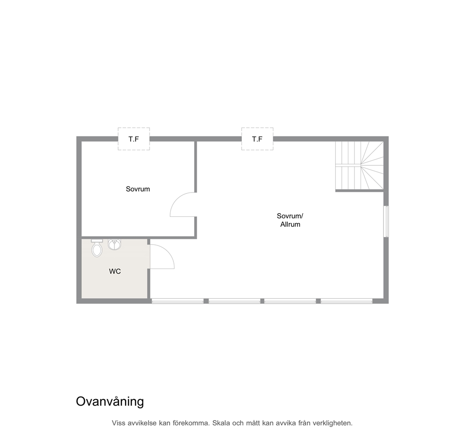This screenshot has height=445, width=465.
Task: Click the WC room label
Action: (115, 271)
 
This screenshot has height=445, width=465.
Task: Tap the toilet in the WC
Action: (97, 248)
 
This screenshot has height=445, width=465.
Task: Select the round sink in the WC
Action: (114, 245)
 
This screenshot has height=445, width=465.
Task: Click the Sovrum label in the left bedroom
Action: (138, 189)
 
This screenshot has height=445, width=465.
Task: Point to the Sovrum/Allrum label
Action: (290, 220)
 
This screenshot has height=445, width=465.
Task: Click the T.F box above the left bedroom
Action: (134, 139)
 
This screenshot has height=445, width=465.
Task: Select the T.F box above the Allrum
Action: (257, 139)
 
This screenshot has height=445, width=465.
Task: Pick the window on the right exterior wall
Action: (386, 221)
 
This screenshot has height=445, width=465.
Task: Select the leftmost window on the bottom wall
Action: (178, 301)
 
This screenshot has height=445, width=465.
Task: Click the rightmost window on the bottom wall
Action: (346, 301)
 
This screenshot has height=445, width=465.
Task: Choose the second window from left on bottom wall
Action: (234, 301)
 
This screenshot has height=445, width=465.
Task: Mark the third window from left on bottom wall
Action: (290, 301)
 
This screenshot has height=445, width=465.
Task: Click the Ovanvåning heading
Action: (110, 402)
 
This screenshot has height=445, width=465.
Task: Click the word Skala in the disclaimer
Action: (221, 423)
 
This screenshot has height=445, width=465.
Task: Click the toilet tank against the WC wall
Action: (97, 241)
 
